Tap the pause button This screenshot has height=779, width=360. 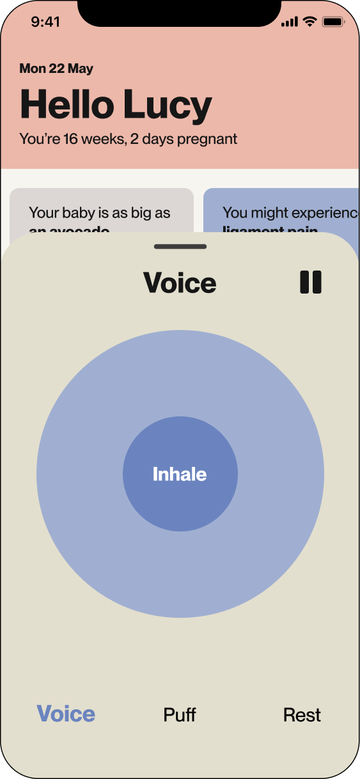click(x=311, y=282)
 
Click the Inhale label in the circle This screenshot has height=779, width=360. click(x=180, y=475)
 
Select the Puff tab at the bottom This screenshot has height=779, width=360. click(x=180, y=714)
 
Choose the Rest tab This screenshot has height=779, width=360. click(x=302, y=714)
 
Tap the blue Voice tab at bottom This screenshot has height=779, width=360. click(x=66, y=714)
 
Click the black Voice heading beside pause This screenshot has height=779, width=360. click(x=180, y=283)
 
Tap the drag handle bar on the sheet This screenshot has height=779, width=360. click(x=180, y=246)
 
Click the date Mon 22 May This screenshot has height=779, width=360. click(x=56, y=68)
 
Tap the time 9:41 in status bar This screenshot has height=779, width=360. click(x=45, y=22)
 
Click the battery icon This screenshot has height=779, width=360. click(x=333, y=22)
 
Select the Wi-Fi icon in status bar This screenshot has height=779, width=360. click(x=310, y=22)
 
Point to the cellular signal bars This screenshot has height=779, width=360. click(x=290, y=22)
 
